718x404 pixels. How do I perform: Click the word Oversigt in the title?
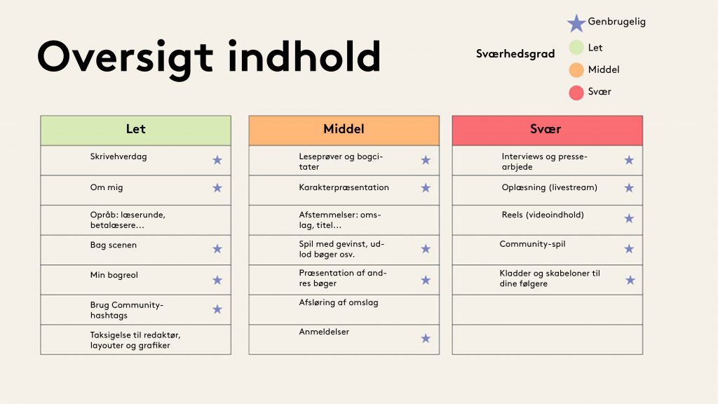(x=125, y=58)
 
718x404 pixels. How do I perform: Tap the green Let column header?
(x=135, y=130)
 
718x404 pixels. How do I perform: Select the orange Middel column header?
(x=344, y=130)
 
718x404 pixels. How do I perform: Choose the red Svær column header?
(x=547, y=130)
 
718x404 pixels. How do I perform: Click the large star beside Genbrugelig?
(x=576, y=23)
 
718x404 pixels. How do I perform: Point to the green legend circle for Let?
(x=576, y=47)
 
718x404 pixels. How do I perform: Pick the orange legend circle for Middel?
(x=576, y=69)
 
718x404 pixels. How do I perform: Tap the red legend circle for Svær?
(x=576, y=92)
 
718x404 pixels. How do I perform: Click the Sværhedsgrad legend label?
(x=515, y=54)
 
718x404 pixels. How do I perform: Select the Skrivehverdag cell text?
(x=118, y=156)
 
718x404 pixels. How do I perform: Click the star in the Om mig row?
(x=217, y=188)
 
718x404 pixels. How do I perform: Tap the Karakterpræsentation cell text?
(x=344, y=187)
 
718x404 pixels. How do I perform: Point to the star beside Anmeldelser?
(x=426, y=338)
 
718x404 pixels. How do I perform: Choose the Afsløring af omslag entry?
(x=339, y=302)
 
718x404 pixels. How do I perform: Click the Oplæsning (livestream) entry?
(x=550, y=187)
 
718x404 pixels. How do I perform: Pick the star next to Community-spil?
(x=629, y=249)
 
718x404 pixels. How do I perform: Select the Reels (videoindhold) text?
(x=543, y=215)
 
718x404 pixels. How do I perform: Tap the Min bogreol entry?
(x=114, y=275)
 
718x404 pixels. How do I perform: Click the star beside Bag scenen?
(x=217, y=249)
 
